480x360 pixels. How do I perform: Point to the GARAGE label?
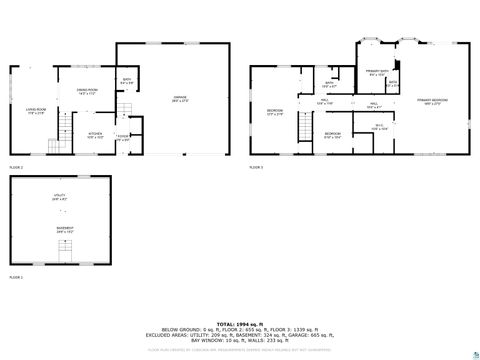pyautogui.click(x=180, y=98)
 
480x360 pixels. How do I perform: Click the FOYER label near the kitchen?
pyautogui.click(x=122, y=137)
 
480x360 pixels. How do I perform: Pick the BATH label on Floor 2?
pyautogui.click(x=127, y=81)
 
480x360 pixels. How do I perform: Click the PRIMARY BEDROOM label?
pyautogui.click(x=432, y=102)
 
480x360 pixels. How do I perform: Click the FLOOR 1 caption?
pyautogui.click(x=15, y=277)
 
